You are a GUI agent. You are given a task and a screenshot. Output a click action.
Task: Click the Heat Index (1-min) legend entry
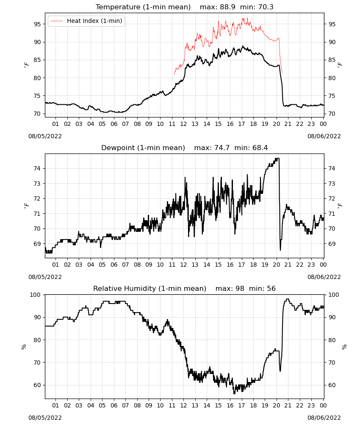pos(86,21)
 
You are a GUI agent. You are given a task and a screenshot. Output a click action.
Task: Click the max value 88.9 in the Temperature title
pos(227,7)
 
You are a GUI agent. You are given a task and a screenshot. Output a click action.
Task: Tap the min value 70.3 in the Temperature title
pos(266,7)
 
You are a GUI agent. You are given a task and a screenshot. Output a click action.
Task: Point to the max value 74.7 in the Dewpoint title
pos(222,148)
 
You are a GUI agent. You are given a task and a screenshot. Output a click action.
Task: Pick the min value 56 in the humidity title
pos(271,288)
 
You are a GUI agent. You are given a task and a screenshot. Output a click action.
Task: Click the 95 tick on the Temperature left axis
pos(37,24)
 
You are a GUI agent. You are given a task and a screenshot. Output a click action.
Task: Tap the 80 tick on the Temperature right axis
pos(332,78)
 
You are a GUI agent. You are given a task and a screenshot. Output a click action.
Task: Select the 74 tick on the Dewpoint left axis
pos(37,168)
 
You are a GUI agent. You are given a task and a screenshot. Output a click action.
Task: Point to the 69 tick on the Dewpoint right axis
pos(332,244)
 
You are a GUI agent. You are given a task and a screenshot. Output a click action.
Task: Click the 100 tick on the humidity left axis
pos(35,295)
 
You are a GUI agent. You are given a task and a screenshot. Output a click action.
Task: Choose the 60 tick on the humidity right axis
pos(332,385)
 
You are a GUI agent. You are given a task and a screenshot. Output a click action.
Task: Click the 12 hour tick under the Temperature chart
pos(184,124)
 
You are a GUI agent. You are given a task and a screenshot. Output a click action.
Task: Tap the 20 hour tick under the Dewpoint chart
pos(277,265)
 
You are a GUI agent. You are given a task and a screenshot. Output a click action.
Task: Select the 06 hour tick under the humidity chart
pos(114,405)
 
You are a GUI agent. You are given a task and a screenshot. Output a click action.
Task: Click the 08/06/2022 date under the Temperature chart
pos(324,136)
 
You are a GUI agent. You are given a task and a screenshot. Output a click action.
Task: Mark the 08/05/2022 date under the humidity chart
pos(45,418)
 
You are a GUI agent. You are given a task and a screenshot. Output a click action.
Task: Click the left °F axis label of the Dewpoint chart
pos(26,206)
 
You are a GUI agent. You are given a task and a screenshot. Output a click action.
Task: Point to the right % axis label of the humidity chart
pos(344,347)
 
